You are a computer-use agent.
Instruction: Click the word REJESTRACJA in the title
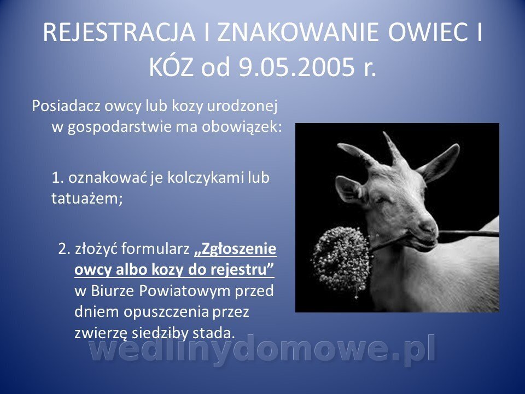[x=119, y=32]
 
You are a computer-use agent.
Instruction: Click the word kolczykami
[x=205, y=177]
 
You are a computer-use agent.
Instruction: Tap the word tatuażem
[x=87, y=198]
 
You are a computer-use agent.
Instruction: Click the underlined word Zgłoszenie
[x=235, y=250]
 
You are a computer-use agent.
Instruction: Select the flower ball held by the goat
[x=341, y=259]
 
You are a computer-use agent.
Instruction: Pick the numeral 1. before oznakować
[x=57, y=177]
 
